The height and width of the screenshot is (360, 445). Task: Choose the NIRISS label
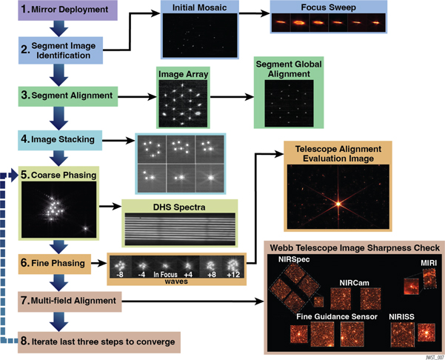coord(405,317)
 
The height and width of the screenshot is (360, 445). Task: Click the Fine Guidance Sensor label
coord(332,317)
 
